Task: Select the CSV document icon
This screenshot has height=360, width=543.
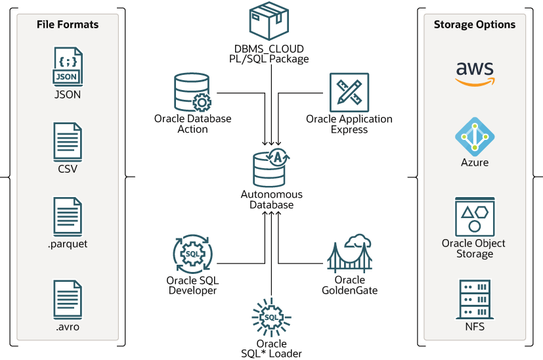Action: (x=68, y=141)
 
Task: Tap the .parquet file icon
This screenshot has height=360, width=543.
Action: (x=68, y=216)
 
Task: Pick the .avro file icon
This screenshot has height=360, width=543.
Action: (x=68, y=300)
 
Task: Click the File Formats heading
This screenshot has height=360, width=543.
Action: (x=68, y=24)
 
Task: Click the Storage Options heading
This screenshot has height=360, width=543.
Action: (x=475, y=24)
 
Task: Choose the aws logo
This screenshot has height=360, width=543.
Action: (x=475, y=73)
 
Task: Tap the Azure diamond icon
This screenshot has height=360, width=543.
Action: (x=475, y=135)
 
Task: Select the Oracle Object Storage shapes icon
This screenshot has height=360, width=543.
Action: (x=475, y=216)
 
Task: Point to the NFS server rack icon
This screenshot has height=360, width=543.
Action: (x=475, y=299)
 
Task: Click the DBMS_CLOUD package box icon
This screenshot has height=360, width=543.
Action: (x=271, y=22)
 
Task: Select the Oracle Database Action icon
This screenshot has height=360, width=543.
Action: (x=192, y=93)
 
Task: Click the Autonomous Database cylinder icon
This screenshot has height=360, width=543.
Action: (x=271, y=168)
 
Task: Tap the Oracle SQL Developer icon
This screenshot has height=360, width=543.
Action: (x=192, y=254)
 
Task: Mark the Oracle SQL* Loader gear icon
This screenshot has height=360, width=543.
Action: (x=271, y=317)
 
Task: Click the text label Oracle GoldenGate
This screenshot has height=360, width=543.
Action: (x=350, y=285)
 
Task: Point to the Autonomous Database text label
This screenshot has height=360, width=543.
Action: (x=271, y=200)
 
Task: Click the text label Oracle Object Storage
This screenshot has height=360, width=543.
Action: (x=474, y=248)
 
